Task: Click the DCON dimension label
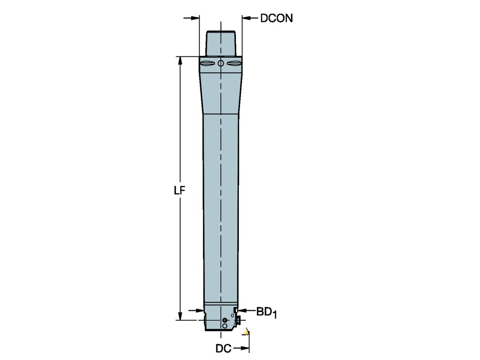276,18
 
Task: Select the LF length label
180,190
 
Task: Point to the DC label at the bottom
223,349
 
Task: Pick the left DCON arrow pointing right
194,18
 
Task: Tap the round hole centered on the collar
221,63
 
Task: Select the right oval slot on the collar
234,63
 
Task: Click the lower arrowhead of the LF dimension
180,316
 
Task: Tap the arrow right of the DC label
240,349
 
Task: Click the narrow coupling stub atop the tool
220,43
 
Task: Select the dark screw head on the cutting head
224,320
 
